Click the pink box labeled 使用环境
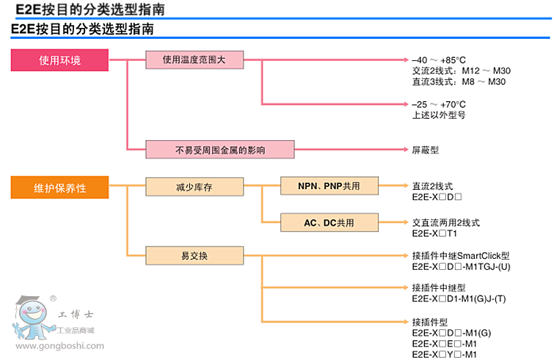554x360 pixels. click(x=59, y=60)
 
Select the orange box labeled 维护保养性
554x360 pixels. click(x=59, y=188)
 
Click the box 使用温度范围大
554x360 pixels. click(x=194, y=60)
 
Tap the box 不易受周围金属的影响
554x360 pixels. click(x=220, y=150)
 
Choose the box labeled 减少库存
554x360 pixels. click(x=194, y=187)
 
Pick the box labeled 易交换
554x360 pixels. click(x=194, y=256)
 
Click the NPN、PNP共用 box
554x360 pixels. click(x=329, y=187)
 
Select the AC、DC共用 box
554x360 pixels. click(x=329, y=222)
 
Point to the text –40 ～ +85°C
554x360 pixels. click(x=439, y=60)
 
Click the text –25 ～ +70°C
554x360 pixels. click(x=439, y=105)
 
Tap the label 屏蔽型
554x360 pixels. click(x=425, y=150)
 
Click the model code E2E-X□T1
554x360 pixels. click(x=434, y=233)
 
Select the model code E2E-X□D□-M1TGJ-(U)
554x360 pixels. click(x=459, y=267)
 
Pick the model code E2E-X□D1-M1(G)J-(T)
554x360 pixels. click(x=459, y=298)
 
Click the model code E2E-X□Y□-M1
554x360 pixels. click(x=445, y=354)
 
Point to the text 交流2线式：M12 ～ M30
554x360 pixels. click(x=462, y=70)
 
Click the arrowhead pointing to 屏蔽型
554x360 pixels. click(x=404, y=150)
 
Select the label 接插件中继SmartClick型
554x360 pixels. click(x=461, y=256)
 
